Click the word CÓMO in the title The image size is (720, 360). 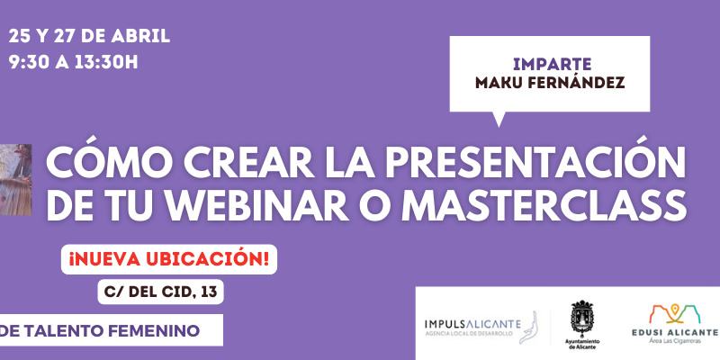(x=101, y=162)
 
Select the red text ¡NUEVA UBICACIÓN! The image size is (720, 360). (x=169, y=259)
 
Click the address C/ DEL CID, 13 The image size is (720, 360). (x=161, y=292)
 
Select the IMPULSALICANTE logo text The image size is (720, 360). (x=472, y=324)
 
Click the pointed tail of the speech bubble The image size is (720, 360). (x=499, y=125)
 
